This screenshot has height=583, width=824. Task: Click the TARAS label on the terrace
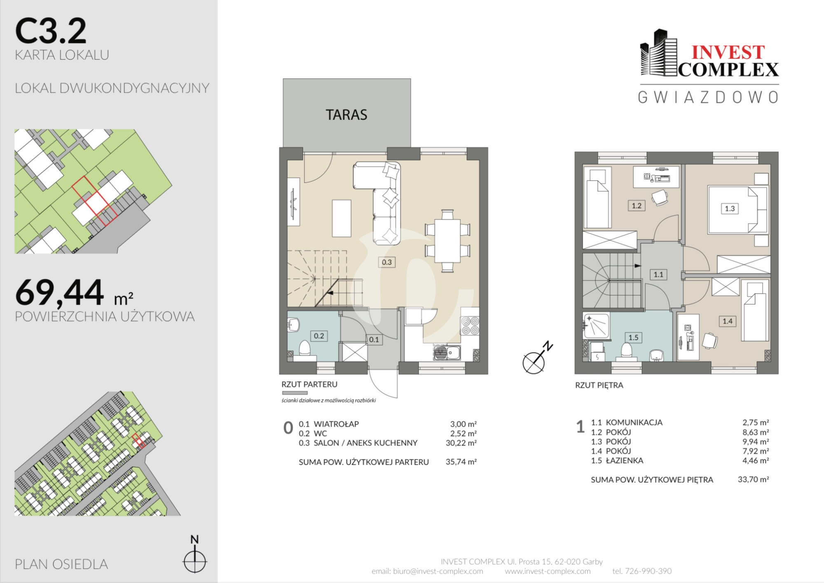(346, 115)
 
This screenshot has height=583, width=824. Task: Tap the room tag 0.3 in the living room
(386, 262)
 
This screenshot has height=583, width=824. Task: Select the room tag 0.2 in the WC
(319, 336)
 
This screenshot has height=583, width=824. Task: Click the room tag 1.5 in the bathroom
(633, 338)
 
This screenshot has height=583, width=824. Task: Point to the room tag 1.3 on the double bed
(730, 209)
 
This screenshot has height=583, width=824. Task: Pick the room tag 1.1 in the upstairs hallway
(658, 274)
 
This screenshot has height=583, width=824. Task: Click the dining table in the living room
(447, 240)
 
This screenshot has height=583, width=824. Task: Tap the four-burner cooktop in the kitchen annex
(470, 326)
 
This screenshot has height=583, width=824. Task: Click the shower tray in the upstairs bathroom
(596, 326)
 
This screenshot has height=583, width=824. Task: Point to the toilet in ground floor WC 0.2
(304, 348)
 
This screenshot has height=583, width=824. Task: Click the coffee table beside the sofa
(342, 218)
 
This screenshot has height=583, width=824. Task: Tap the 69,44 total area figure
(59, 292)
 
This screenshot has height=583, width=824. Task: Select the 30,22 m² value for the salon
(461, 443)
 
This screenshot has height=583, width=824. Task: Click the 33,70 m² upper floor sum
(753, 479)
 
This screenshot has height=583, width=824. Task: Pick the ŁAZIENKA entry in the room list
(624, 461)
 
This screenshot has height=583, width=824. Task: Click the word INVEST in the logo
(728, 53)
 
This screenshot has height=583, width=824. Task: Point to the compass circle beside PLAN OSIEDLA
(194, 561)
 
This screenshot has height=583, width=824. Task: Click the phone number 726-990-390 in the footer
(648, 571)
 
